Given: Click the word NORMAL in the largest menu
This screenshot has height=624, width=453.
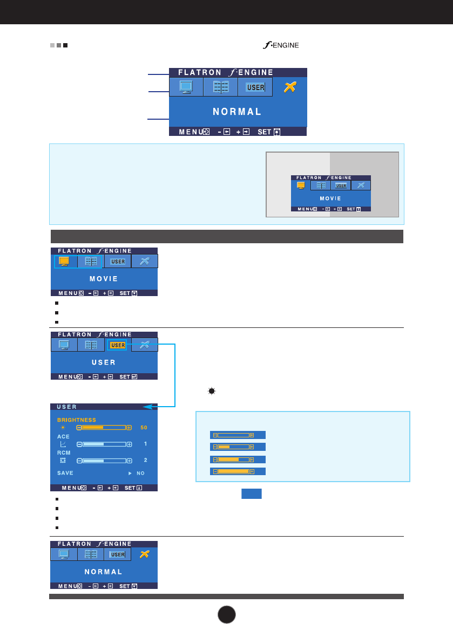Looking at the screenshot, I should pyautogui.click(x=237, y=112).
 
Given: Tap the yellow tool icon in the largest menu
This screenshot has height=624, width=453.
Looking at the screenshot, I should pyautogui.click(x=290, y=87).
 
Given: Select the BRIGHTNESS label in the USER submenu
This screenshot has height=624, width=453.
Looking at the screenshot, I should pyautogui.click(x=77, y=420).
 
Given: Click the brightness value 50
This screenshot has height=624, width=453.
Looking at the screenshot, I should pyautogui.click(x=143, y=428).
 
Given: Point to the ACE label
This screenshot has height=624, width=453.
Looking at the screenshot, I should pyautogui.click(x=63, y=436).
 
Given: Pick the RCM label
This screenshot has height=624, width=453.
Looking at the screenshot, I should pyautogui.click(x=64, y=453).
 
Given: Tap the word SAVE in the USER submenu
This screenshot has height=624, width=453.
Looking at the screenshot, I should pyautogui.click(x=65, y=472).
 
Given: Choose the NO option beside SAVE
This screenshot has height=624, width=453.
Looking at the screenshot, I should pyautogui.click(x=140, y=473).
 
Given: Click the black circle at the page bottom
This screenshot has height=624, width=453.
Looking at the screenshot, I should pyautogui.click(x=227, y=613).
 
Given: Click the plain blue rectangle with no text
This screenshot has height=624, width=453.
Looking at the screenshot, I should pyautogui.click(x=252, y=494).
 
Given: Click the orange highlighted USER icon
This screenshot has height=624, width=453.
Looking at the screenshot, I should pyautogui.click(x=117, y=345).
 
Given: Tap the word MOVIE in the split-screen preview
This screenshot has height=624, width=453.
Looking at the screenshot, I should pyautogui.click(x=331, y=198).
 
